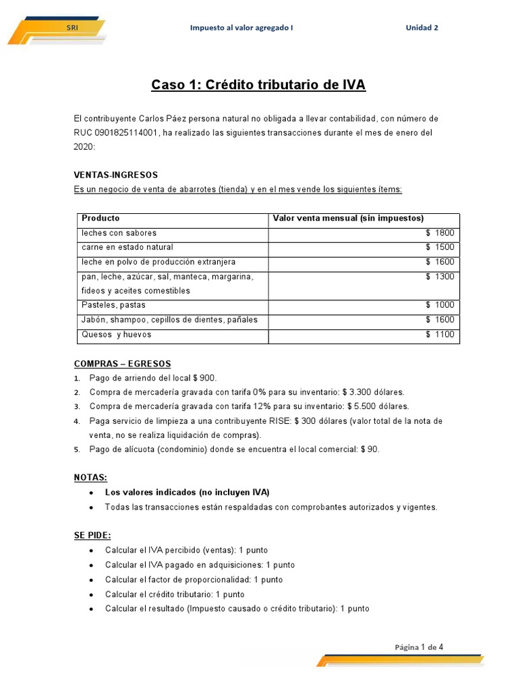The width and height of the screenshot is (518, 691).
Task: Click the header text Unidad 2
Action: pyautogui.click(x=422, y=28)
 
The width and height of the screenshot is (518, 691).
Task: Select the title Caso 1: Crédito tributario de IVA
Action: pyautogui.click(x=258, y=85)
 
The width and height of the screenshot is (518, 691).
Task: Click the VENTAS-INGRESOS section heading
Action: pyautogui.click(x=115, y=175)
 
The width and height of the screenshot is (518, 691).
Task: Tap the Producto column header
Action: pyautogui.click(x=100, y=218)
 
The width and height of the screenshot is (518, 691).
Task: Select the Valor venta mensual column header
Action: pyautogui.click(x=347, y=218)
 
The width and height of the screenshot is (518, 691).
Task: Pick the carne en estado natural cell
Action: pyautogui.click(x=127, y=248)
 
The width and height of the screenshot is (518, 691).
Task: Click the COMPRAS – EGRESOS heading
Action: pyautogui.click(x=122, y=364)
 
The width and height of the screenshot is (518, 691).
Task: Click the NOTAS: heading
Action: pyautogui.click(x=90, y=477)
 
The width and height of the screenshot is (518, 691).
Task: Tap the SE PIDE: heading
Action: pyautogui.click(x=92, y=535)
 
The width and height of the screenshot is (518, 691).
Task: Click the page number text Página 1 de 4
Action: pyautogui.click(x=419, y=647)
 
